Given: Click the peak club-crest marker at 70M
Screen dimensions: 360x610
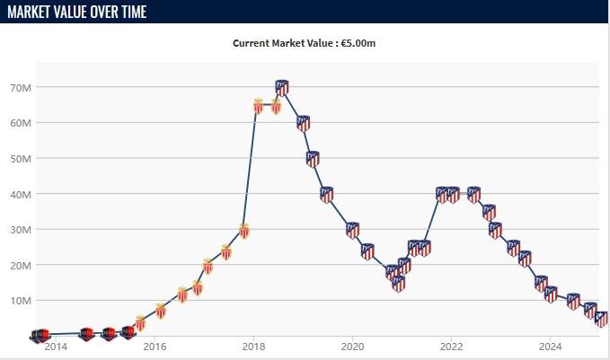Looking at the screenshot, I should click(282, 87).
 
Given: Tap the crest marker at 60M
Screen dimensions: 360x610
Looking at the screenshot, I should click(304, 123).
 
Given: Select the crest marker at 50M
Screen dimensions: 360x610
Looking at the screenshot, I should click(313, 159).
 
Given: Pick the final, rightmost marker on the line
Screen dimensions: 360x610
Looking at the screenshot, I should click(602, 319).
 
